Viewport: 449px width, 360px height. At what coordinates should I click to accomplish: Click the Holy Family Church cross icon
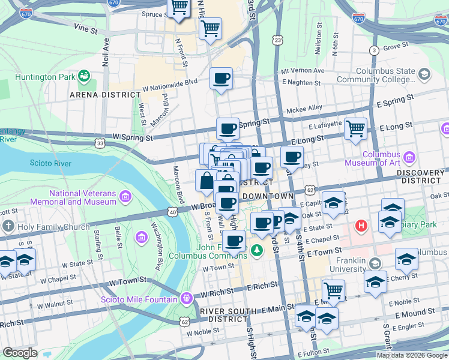7,227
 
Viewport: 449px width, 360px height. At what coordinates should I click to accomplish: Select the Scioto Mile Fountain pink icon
187,298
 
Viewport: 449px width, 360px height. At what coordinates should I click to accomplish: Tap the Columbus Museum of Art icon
409,158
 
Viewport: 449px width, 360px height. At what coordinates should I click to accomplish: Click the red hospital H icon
361,226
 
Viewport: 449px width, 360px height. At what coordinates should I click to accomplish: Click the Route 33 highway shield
100,143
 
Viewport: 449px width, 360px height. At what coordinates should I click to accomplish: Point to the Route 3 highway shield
374,50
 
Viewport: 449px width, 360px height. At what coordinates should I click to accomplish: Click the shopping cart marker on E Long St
356,128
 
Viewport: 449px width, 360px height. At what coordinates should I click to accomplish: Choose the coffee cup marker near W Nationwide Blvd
221,78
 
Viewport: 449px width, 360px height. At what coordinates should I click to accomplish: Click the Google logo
20,352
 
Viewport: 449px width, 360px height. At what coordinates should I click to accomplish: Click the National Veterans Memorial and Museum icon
125,197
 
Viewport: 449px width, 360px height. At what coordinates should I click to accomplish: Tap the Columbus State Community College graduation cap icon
424,75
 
